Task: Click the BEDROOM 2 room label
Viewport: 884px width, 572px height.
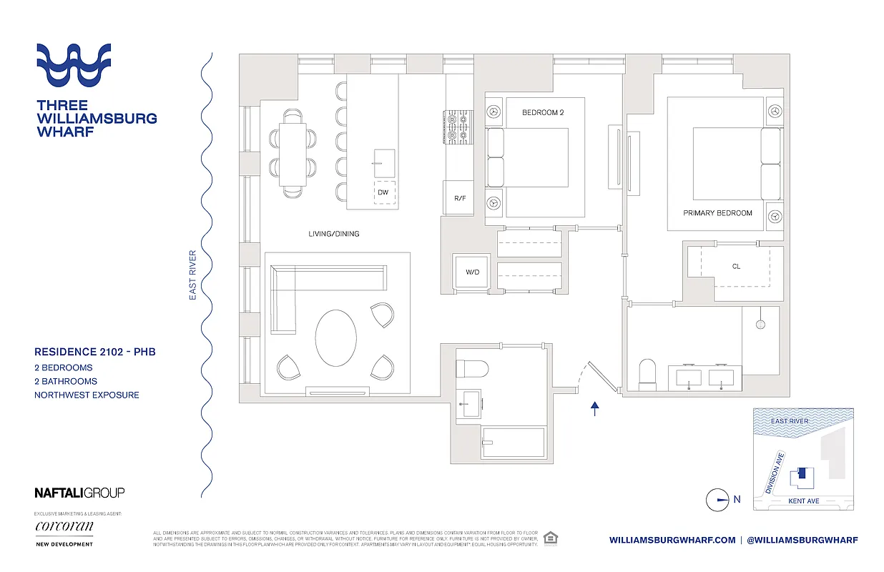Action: pyautogui.click(x=543, y=112)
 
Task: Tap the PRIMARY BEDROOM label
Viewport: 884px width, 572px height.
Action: pyautogui.click(x=717, y=213)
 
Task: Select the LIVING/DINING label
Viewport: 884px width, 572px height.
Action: pyautogui.click(x=334, y=234)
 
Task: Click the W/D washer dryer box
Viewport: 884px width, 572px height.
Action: pyautogui.click(x=471, y=272)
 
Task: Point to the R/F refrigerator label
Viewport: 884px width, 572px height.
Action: pyautogui.click(x=460, y=198)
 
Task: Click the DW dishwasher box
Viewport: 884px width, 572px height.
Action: pyautogui.click(x=383, y=192)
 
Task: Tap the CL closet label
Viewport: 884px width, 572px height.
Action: pyautogui.click(x=736, y=267)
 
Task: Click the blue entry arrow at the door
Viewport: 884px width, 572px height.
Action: pyautogui.click(x=594, y=408)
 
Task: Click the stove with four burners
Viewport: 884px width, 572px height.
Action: pyautogui.click(x=457, y=127)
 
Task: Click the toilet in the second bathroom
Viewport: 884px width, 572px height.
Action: pyautogui.click(x=472, y=369)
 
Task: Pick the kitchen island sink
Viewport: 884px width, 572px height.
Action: pyautogui.click(x=383, y=163)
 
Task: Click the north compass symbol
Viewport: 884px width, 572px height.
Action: pyautogui.click(x=717, y=500)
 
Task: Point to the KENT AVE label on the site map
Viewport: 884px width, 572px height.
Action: pyautogui.click(x=803, y=501)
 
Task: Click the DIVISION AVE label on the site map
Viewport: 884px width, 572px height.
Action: pyautogui.click(x=775, y=474)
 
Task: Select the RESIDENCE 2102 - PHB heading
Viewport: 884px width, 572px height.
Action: pyautogui.click(x=95, y=352)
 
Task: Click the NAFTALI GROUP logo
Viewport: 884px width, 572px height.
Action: pyautogui.click(x=79, y=493)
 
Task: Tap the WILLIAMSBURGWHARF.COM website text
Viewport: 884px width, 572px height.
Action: pyautogui.click(x=672, y=540)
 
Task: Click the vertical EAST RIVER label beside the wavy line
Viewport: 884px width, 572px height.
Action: pyautogui.click(x=192, y=275)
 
